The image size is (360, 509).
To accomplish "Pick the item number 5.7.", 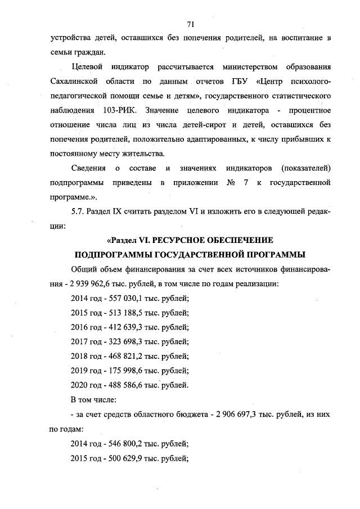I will pos(78,213).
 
